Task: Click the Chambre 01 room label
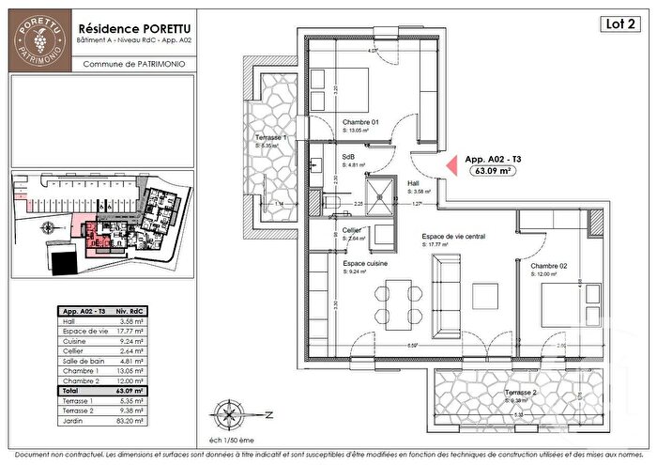coord(360,123)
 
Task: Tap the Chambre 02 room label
coord(547,266)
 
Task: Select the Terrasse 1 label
coord(271,137)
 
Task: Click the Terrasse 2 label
coord(520,390)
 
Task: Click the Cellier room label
coord(352,229)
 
